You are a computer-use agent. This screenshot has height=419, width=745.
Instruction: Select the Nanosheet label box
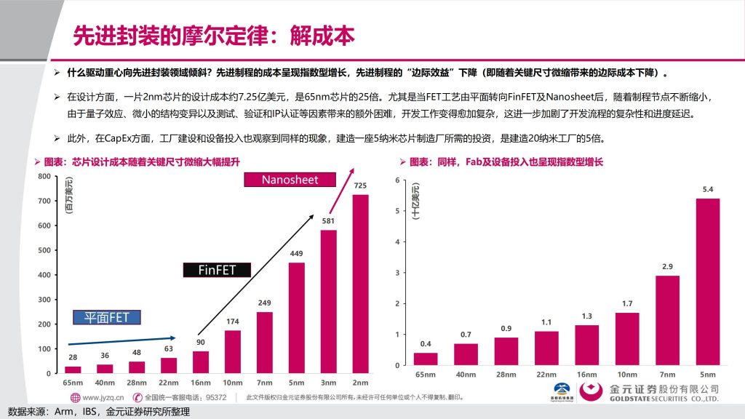(290, 180)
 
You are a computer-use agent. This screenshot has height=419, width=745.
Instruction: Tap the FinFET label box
(218, 270)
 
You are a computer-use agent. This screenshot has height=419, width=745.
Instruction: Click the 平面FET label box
(107, 317)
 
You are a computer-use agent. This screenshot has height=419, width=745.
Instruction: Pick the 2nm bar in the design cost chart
(360, 284)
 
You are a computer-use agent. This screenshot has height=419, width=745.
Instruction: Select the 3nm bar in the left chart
(328, 301)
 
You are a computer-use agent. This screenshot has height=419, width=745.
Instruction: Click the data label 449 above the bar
(296, 253)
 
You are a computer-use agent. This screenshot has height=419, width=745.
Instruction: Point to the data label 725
(360, 185)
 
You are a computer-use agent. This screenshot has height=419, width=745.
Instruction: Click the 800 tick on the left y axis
(44, 176)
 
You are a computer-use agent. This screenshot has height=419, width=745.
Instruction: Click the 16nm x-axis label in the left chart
(200, 383)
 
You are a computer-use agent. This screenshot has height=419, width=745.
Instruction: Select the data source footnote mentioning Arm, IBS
(98, 412)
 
